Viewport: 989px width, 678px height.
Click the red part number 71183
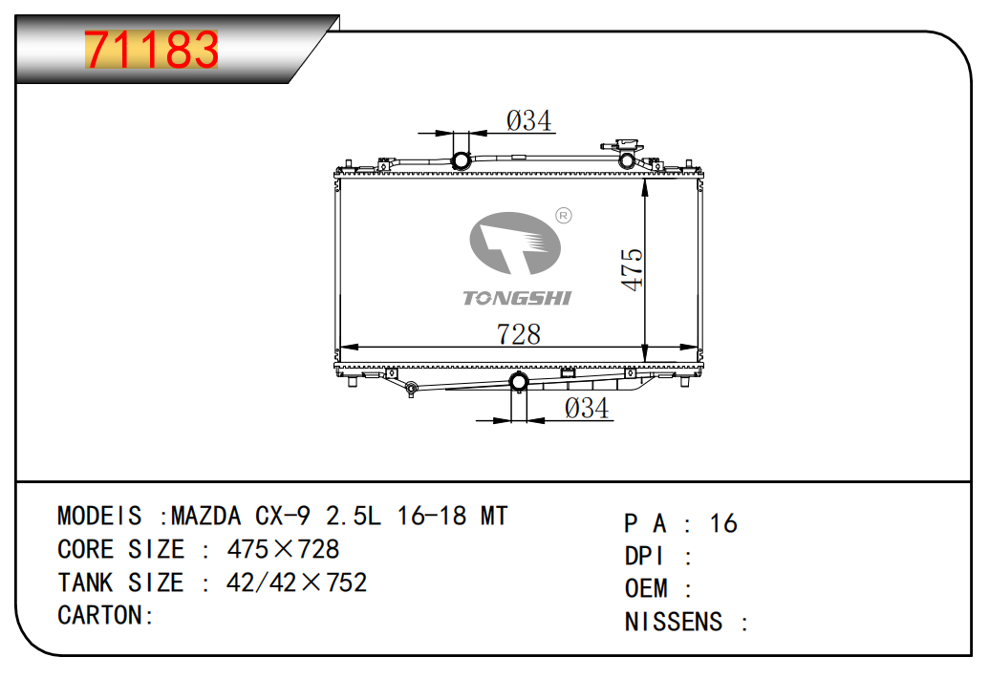click(x=151, y=50)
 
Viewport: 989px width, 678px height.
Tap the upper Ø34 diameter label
click(x=528, y=120)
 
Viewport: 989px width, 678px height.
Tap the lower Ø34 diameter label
click(x=587, y=409)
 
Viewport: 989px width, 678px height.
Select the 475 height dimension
click(x=632, y=269)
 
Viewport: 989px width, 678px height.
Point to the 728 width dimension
click(x=519, y=334)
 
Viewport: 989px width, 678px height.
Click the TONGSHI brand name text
click(x=517, y=298)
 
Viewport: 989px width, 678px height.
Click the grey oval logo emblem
click(x=515, y=244)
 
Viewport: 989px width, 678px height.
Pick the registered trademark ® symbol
click(x=563, y=216)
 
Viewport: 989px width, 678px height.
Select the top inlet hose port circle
click(x=462, y=160)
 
